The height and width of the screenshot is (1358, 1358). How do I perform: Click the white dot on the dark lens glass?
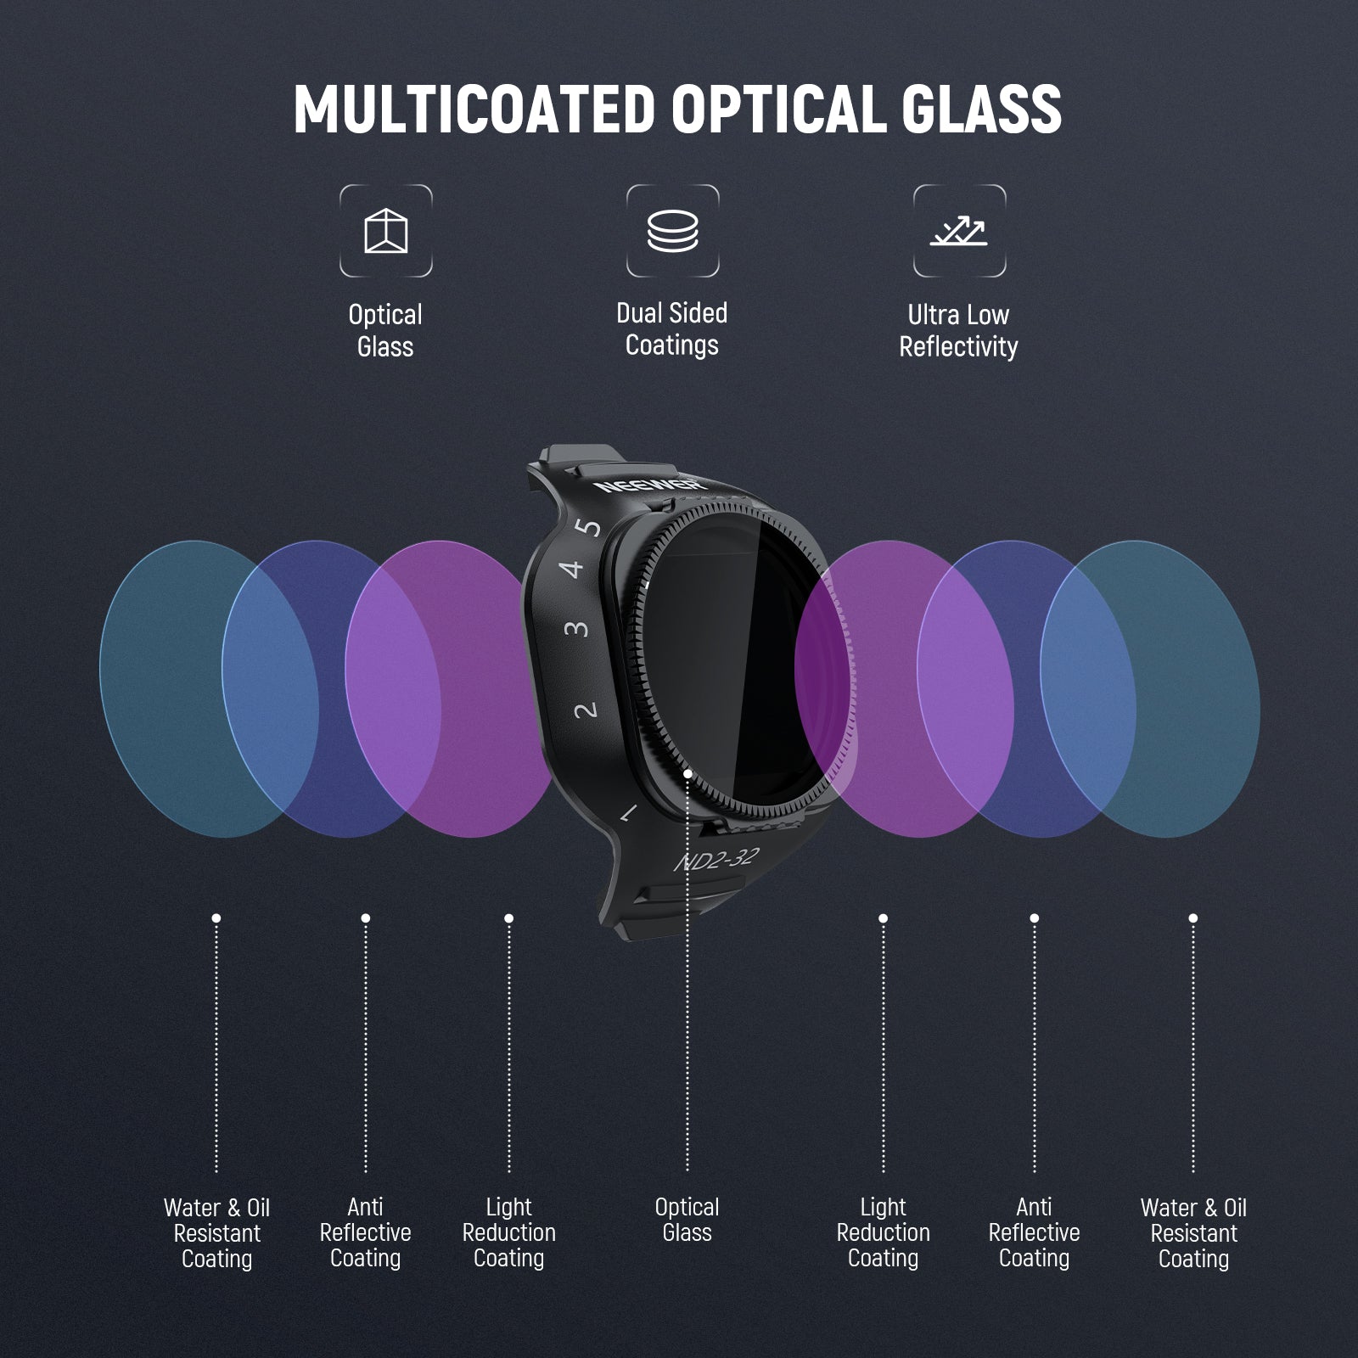click(x=687, y=773)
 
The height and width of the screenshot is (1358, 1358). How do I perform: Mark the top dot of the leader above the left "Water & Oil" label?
click(x=216, y=918)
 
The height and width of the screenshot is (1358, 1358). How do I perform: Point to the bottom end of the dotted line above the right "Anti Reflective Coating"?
click(x=1034, y=1170)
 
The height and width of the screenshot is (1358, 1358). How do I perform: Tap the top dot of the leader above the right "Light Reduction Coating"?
click(x=883, y=918)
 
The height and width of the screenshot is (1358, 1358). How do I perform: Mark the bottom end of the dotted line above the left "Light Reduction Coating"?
click(x=508, y=1170)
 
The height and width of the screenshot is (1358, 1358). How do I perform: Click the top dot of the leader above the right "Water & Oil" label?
click(x=1192, y=918)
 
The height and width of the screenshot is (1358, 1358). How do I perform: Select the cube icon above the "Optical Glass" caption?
click(x=386, y=231)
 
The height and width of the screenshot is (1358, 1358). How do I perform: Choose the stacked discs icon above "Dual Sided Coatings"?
click(x=672, y=231)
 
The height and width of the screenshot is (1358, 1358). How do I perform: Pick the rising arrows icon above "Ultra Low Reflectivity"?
click(x=959, y=231)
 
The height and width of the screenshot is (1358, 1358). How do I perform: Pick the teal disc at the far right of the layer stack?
click(x=1150, y=689)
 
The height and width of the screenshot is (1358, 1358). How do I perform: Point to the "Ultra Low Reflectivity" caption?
click(x=958, y=331)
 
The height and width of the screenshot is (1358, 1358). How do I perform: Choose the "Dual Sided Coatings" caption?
click(x=672, y=329)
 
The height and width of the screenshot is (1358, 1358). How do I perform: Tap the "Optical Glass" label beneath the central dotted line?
click(x=687, y=1220)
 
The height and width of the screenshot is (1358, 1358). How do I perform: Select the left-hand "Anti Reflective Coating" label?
click(x=365, y=1232)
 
